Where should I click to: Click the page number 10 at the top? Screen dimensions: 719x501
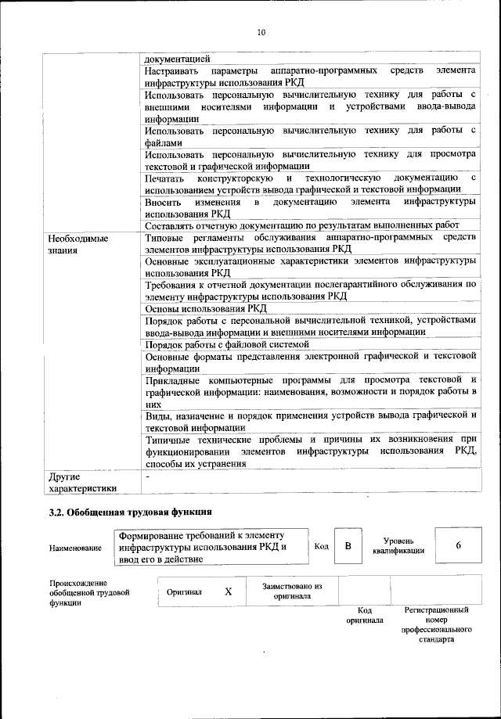coord(261,32)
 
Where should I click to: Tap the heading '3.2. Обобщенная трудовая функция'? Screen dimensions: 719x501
coord(125,513)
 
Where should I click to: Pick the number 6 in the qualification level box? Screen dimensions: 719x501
coord(458,545)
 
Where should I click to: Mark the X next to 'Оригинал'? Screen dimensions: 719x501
coord(228,591)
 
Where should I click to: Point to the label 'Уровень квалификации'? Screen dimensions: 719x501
coord(405,545)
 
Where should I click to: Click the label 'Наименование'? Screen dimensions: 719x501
coord(75,548)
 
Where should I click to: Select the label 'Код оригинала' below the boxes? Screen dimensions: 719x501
coord(365,614)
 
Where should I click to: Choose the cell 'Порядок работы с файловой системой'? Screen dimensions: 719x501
coord(227,343)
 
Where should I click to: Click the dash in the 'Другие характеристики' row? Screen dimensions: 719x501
coord(147,475)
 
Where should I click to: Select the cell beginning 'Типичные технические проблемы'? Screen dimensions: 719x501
coord(311,451)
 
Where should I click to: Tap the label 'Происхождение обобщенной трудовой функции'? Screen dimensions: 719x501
coord(88,593)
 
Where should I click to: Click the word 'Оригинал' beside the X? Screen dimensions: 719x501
coord(184,591)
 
